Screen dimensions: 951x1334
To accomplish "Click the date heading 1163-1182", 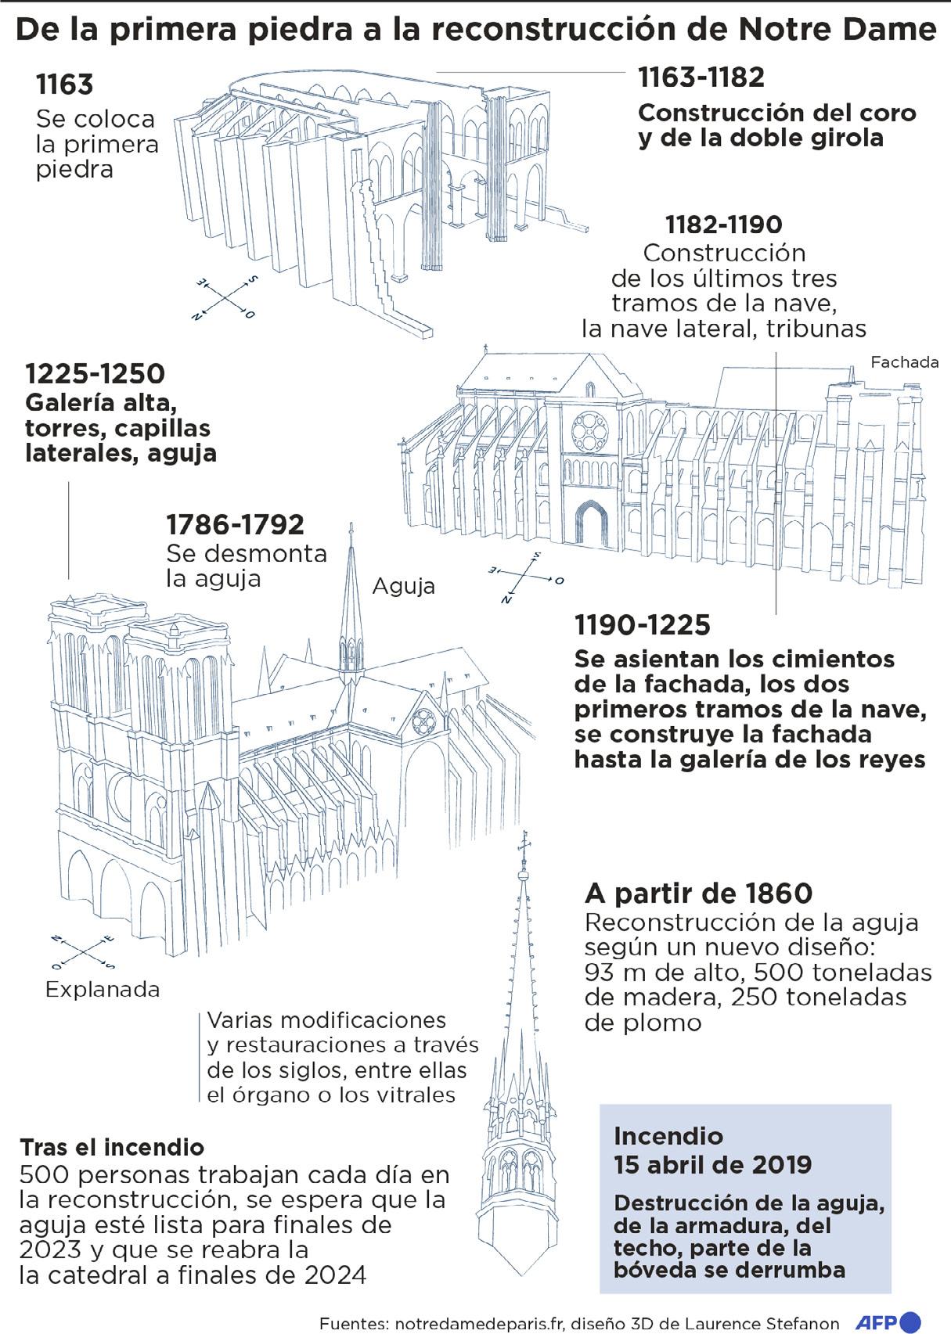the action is [701, 77].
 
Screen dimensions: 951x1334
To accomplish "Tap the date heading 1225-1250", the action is [95, 373].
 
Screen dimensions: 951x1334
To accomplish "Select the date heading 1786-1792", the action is [235, 524].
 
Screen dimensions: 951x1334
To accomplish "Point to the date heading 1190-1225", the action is [643, 625].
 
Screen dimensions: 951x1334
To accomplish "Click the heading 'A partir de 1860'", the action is [699, 893].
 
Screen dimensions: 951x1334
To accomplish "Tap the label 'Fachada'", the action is [904, 362].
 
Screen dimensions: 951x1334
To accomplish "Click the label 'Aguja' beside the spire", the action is [403, 585].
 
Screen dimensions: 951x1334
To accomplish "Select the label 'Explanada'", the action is [103, 990].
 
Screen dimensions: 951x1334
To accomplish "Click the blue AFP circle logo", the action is [913, 1321].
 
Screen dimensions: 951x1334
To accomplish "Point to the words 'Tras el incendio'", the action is [112, 1147].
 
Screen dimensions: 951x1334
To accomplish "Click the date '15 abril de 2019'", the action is [713, 1164].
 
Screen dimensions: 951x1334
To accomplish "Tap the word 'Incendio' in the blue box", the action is [668, 1136].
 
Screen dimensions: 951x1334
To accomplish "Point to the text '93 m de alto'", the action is [653, 973].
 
